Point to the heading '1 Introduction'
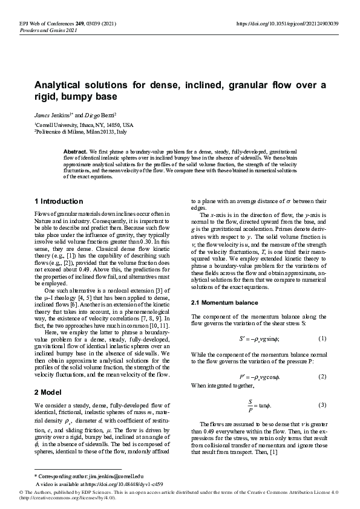point(59,201)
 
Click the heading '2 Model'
point(50,392)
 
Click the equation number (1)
point(322,338)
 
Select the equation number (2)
point(322,376)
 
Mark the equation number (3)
point(322,404)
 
